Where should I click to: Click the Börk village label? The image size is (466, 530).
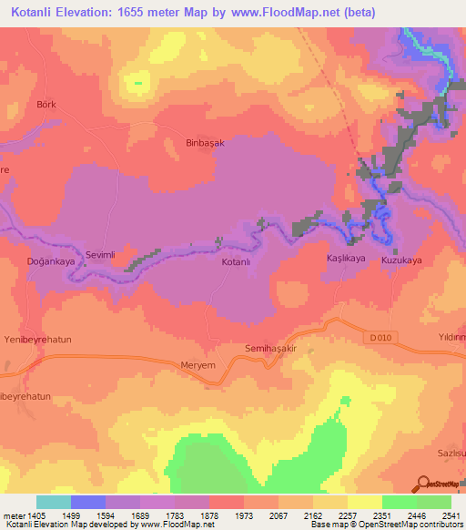[46, 105]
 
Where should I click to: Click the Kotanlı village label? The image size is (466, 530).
[236, 262]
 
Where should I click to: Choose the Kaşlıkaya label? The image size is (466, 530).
[346, 260]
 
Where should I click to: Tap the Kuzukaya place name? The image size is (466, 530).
[401, 260]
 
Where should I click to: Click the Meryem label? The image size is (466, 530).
[198, 366]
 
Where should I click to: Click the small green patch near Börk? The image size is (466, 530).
[137, 83]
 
